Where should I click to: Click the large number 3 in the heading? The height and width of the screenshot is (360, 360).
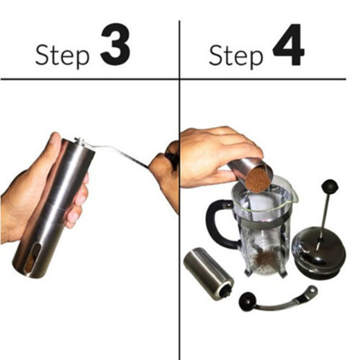pyautogui.click(x=115, y=45)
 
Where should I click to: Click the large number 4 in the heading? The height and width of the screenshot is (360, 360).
pyautogui.click(x=288, y=45)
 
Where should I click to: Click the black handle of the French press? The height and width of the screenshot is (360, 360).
pyautogui.click(x=216, y=223)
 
